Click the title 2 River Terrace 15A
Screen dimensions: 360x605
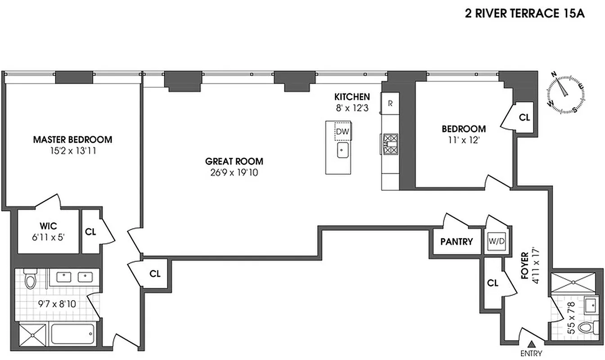tap(524, 13)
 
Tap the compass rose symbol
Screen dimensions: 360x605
tap(565, 94)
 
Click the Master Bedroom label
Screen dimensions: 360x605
tap(72, 140)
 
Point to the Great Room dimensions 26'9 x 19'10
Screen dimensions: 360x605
tap(234, 172)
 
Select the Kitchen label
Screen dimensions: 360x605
tap(352, 97)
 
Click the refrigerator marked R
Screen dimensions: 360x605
tap(390, 103)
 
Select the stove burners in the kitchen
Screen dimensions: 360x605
tap(390, 144)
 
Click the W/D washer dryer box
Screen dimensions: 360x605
tap(497, 241)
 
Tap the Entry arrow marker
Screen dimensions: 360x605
tap(531, 344)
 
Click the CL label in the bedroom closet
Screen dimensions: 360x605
tap(524, 117)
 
